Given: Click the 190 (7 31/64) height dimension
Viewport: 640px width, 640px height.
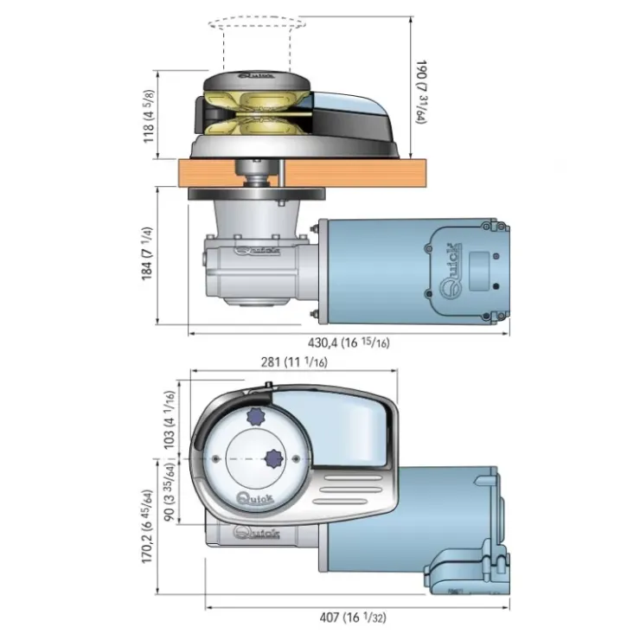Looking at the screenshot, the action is tap(421, 93).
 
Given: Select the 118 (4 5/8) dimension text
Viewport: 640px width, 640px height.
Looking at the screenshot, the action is tap(149, 117).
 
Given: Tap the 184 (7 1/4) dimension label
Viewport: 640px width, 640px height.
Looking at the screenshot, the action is tap(147, 253).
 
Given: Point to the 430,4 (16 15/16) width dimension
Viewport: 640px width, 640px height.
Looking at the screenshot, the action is tap(349, 342).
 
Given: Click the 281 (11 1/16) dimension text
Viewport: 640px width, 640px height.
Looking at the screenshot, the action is tap(294, 362).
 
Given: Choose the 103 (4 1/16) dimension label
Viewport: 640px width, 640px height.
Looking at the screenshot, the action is tap(169, 420).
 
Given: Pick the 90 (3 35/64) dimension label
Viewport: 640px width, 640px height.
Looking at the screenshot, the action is tap(169, 491).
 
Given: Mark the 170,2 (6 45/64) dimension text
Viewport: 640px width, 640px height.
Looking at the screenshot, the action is tap(147, 527).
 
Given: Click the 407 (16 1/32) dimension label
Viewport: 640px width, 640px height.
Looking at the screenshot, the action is tap(353, 618).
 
